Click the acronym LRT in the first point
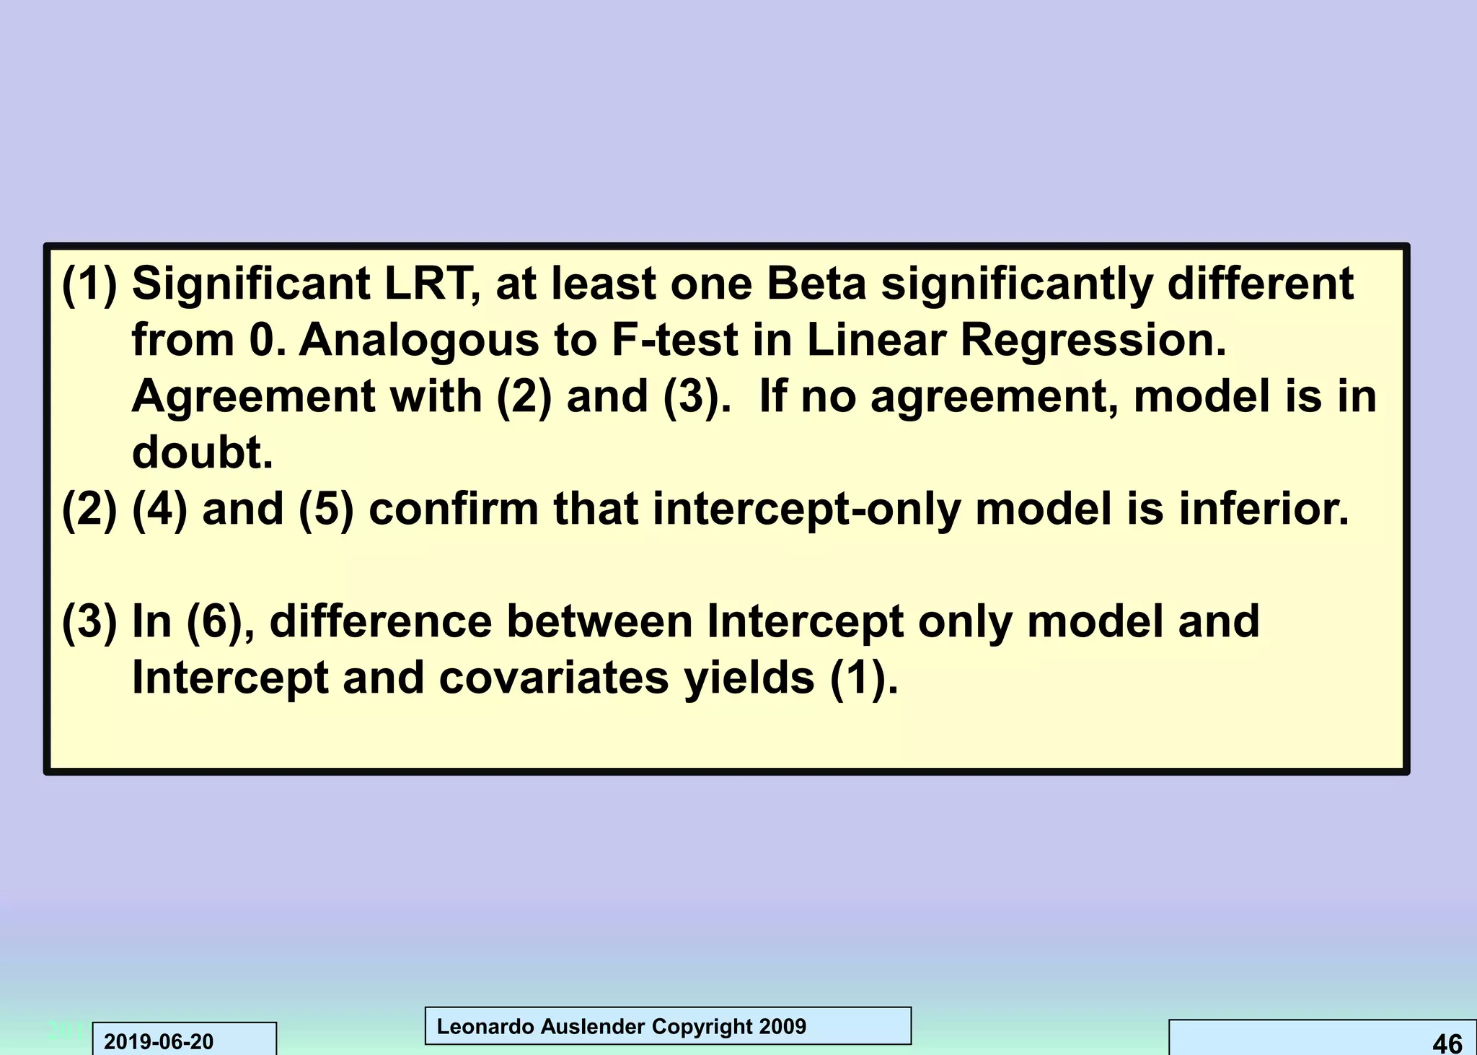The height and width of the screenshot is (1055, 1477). (x=431, y=284)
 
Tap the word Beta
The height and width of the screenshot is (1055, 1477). (x=816, y=284)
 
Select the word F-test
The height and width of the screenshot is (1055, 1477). (x=675, y=340)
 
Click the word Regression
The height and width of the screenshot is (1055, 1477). (x=1093, y=340)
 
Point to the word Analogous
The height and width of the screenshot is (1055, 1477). (x=418, y=340)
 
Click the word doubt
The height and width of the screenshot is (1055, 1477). (x=202, y=452)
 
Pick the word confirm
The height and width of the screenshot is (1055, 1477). (x=453, y=509)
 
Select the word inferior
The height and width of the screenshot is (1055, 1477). (x=1264, y=509)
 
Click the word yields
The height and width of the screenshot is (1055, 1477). (x=749, y=678)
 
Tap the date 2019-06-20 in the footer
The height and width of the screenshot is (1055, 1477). (x=159, y=1042)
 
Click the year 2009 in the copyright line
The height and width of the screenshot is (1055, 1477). (x=782, y=1026)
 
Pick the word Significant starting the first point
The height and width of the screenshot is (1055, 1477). (x=251, y=284)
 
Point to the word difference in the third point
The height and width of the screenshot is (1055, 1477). (x=380, y=621)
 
